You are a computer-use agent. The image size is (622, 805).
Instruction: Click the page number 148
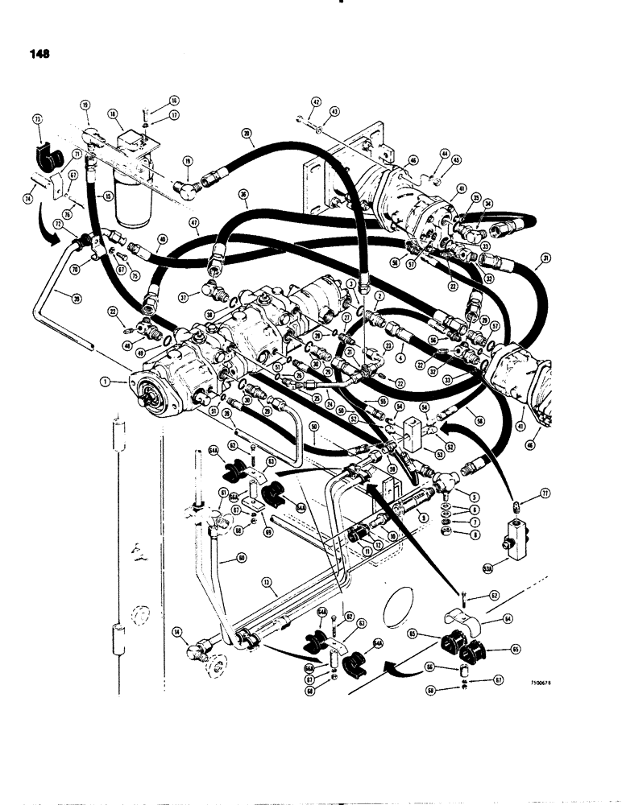coord(37,54)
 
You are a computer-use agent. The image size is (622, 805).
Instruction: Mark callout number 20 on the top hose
coord(247,134)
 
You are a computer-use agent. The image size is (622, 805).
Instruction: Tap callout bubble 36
coord(243,194)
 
